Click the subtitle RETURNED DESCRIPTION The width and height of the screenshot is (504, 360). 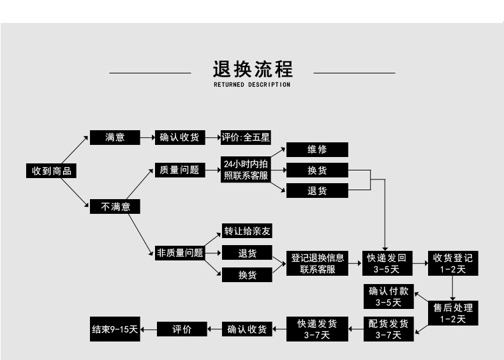pyautogui.click(x=252, y=84)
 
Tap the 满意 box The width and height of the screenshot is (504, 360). pyautogui.click(x=115, y=137)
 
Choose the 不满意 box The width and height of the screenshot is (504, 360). pyautogui.click(x=115, y=206)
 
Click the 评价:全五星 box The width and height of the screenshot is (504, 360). pyautogui.click(x=246, y=137)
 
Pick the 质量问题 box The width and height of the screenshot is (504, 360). pyautogui.click(x=179, y=170)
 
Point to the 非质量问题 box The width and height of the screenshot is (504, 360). pyautogui.click(x=179, y=253)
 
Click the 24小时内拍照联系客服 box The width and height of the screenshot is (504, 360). pyautogui.click(x=246, y=170)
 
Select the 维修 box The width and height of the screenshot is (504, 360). pyautogui.click(x=317, y=149)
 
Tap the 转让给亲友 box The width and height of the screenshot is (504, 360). pyautogui.click(x=246, y=231)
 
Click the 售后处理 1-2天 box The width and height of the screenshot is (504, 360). pyautogui.click(x=452, y=313)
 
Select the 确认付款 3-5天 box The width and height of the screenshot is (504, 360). pyautogui.click(x=387, y=296)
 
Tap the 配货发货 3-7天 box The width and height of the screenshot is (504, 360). pyautogui.click(x=387, y=329)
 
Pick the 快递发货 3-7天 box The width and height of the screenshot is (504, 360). pyautogui.click(x=317, y=329)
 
